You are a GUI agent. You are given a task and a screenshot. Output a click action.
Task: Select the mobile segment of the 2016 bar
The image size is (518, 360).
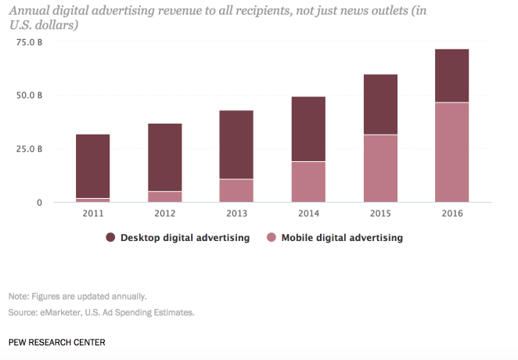(452, 152)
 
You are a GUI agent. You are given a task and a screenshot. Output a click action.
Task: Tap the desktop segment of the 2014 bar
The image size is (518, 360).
(308, 129)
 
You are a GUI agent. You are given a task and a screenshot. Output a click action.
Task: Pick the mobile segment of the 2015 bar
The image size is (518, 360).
(380, 168)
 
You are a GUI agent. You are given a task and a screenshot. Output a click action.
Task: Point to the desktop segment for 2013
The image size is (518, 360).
(236, 145)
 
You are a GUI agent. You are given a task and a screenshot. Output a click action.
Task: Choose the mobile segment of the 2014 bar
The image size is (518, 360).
(308, 182)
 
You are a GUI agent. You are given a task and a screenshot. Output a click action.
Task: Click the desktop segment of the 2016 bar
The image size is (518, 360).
(452, 76)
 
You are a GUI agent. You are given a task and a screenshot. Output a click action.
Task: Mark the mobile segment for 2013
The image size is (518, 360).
(236, 190)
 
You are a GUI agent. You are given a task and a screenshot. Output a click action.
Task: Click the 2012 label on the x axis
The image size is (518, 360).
(164, 214)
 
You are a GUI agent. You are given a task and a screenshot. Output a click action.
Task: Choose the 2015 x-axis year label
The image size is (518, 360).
(380, 214)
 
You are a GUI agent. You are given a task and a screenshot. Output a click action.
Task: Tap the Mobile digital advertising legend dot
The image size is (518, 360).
(271, 237)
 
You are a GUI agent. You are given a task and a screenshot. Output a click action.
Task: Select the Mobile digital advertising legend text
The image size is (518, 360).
(342, 237)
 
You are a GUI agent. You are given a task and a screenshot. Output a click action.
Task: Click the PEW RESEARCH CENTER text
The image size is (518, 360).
(56, 343)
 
